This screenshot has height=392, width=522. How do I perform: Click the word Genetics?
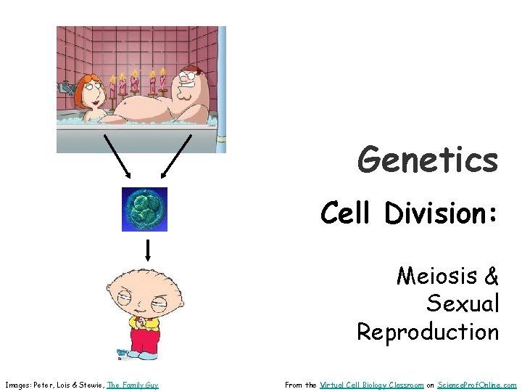pyautogui.click(x=428, y=160)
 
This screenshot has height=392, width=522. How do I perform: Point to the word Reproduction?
pyautogui.click(x=428, y=332)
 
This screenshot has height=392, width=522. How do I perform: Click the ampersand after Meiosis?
pyautogui.click(x=491, y=276)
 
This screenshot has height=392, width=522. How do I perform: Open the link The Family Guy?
pyautogui.click(x=133, y=385)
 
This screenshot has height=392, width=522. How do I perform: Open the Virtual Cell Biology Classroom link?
pyautogui.click(x=371, y=385)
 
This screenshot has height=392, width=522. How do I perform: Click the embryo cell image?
pyautogui.click(x=144, y=209)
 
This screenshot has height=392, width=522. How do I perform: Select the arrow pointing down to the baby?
pyautogui.click(x=148, y=250)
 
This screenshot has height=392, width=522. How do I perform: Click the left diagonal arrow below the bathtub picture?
pyautogui.click(x=115, y=155)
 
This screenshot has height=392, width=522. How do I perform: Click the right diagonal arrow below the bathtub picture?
pyautogui.click(x=175, y=155)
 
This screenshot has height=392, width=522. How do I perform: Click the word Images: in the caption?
pyautogui.click(x=17, y=385)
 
